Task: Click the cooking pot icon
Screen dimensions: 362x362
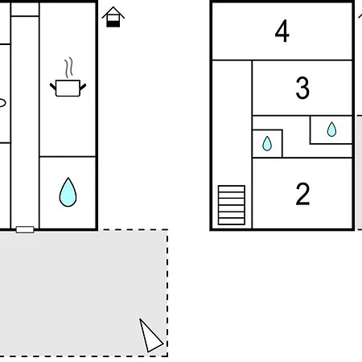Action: pos(68,88)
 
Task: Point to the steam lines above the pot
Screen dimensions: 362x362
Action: pos(69,68)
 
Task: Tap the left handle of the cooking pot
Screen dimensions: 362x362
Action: pos(53,87)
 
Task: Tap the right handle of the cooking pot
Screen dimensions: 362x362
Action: pos(83,87)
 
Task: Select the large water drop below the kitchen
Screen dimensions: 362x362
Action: pos(68,192)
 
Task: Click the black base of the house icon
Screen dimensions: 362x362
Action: pos(113,24)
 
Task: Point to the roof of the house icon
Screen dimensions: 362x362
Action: pos(113,12)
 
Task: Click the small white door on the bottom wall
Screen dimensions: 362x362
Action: pos(25,229)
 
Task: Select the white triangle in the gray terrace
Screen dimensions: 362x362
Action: pos(150,336)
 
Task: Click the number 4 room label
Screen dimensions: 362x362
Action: pos(282,31)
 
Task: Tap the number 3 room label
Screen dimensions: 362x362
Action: pos(302,88)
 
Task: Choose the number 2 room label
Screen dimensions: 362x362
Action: pos(302,194)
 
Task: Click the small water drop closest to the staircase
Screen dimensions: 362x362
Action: pos(267,143)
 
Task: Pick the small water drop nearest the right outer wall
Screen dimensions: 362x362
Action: pos(331,130)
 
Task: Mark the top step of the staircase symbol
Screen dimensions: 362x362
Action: pos(232,189)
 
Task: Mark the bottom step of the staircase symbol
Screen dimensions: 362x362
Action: pos(232,221)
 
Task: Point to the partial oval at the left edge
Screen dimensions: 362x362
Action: pos(2,103)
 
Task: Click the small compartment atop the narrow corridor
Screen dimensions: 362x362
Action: pos(25,10)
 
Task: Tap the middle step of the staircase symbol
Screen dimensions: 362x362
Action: pos(232,205)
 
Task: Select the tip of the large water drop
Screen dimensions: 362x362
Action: pos(68,178)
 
